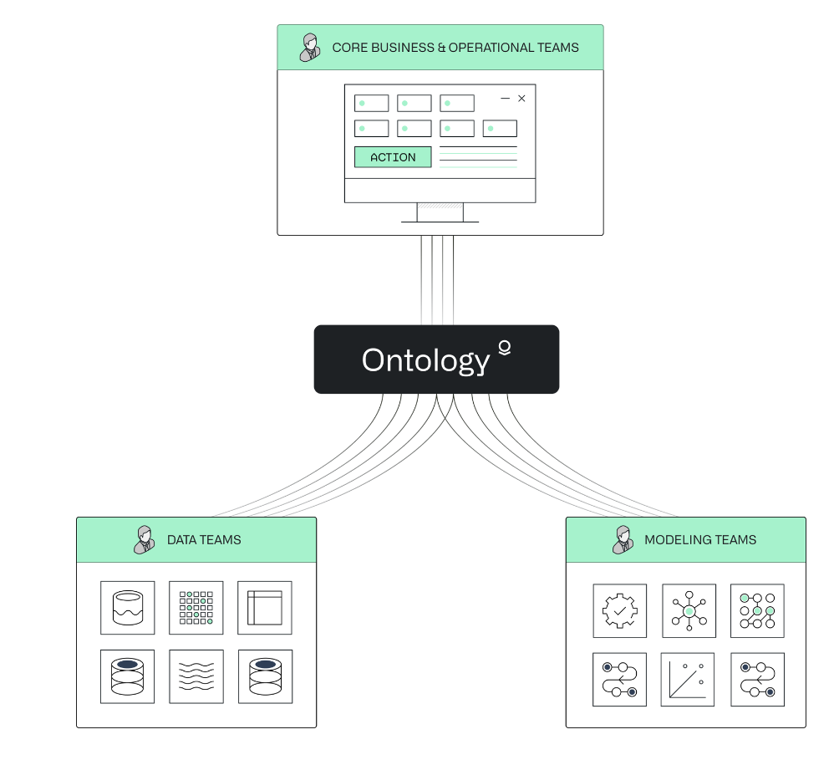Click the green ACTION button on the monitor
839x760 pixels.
pos(393,157)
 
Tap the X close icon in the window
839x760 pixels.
pos(521,99)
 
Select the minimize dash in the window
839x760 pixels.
pos(505,99)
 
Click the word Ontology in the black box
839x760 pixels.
pos(425,360)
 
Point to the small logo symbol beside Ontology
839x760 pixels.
pos(504,348)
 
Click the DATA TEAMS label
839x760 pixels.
pos(204,540)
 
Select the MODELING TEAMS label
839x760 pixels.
pos(699,540)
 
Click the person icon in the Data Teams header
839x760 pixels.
pos(145,539)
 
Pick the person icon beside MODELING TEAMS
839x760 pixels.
pos(623,539)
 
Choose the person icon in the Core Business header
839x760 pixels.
pos(309,47)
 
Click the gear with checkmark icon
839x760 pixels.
pos(619,611)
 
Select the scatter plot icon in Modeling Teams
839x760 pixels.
pos(689,680)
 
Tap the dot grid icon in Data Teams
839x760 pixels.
pos(196,608)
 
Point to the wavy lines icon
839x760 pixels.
pos(196,676)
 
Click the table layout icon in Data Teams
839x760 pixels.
pos(265,608)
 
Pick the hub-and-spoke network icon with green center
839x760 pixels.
pos(689,611)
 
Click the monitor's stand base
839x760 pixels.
pos(440,222)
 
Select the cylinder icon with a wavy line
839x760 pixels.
pos(128,608)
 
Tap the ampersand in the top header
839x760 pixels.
pos(441,48)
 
